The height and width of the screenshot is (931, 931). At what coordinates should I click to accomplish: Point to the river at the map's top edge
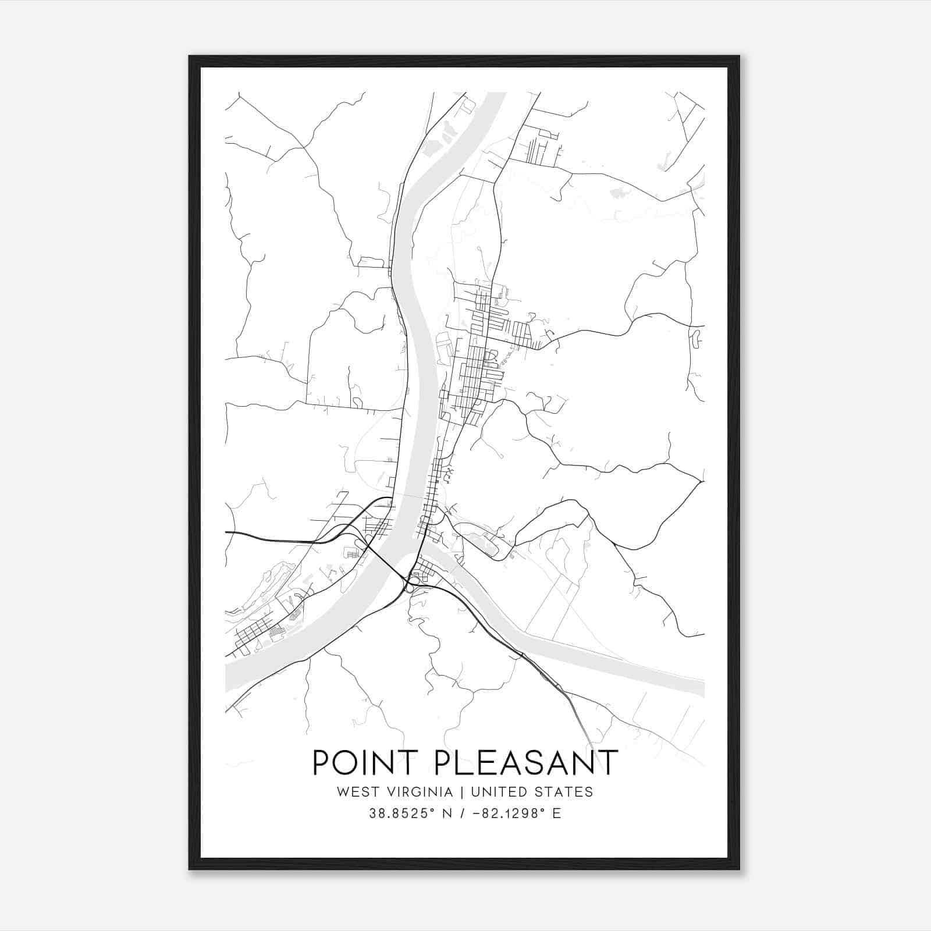pos(496,97)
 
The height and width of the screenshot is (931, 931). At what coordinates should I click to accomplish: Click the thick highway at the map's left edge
pos(229,532)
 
